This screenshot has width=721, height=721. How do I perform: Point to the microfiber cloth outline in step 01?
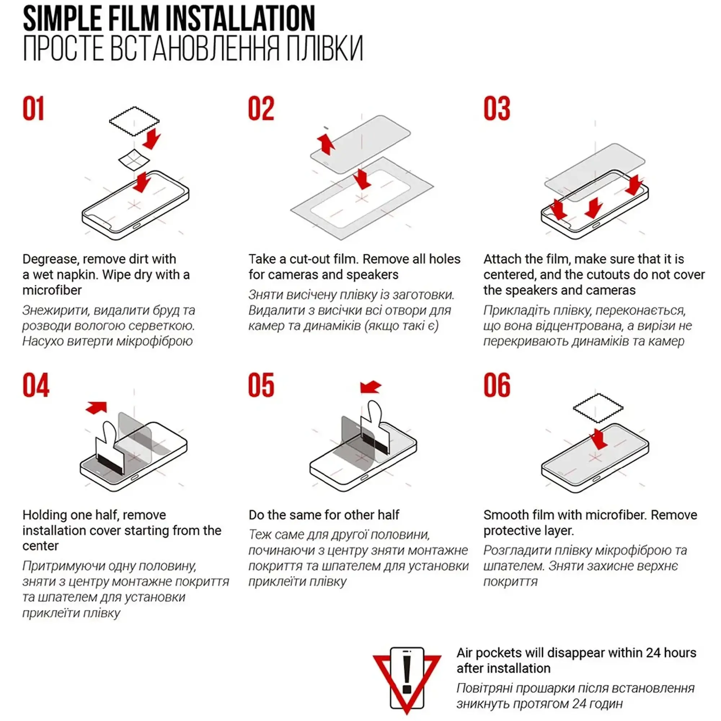coord(134,121)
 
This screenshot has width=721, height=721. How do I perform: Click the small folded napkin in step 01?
coord(134,160)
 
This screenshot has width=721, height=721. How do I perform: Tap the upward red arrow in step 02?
coord(326,145)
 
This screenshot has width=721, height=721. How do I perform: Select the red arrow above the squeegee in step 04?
coord(97,407)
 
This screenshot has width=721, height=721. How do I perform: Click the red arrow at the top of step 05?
coord(371,388)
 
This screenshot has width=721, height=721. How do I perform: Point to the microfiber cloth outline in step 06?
coord(598,408)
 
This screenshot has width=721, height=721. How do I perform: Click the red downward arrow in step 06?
coord(599,439)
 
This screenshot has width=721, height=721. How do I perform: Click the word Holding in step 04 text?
coord(45,515)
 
